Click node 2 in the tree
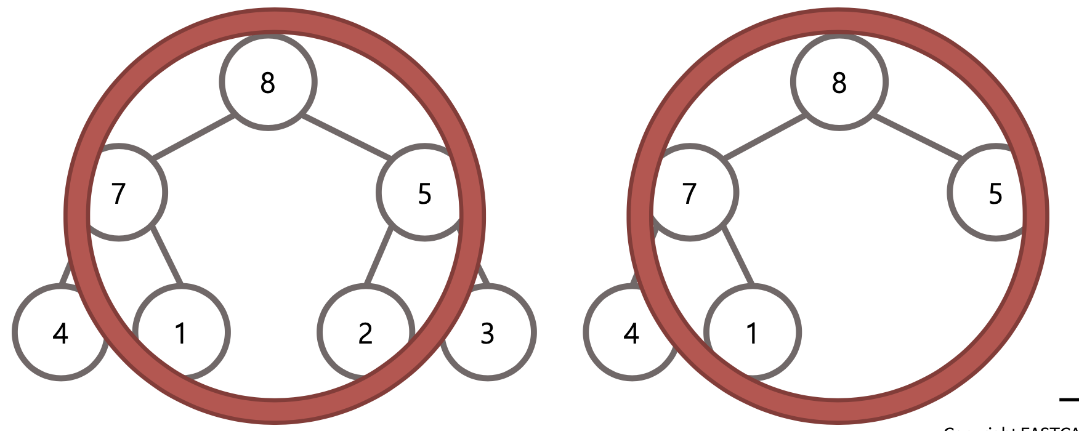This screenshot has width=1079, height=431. click(365, 332)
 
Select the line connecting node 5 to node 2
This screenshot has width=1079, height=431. click(379, 257)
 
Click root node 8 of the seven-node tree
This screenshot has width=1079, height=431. click(268, 82)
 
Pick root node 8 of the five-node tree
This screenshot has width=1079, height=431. click(839, 82)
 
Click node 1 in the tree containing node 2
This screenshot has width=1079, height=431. click(180, 333)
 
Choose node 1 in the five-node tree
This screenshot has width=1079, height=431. click(751, 333)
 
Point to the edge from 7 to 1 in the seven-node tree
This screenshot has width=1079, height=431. click(167, 256)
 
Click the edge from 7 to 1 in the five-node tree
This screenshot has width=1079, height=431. click(738, 256)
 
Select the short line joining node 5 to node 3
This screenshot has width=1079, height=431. click(484, 276)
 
